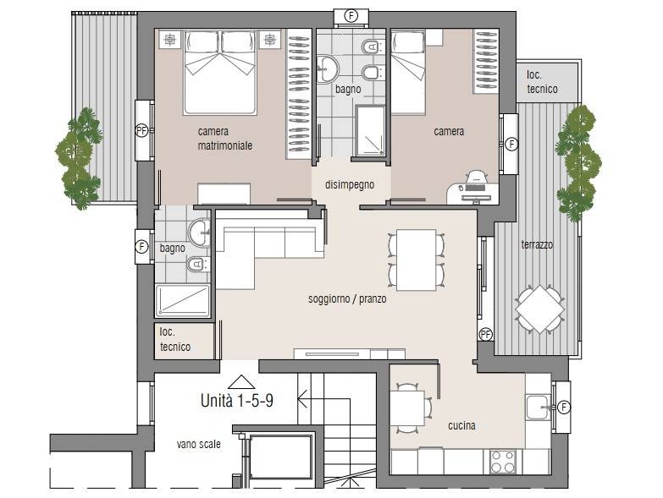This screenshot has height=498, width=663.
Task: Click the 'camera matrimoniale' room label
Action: [225, 139]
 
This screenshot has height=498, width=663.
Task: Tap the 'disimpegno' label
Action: [350, 184]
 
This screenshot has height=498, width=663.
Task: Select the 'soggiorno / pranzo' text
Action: [347, 298]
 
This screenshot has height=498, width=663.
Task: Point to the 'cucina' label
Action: [461, 425]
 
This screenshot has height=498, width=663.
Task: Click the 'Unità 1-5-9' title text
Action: [237, 401]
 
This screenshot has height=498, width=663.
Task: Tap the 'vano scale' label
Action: [199, 444]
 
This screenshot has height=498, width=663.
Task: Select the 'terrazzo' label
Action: [537, 244]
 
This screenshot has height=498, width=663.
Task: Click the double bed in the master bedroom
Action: [220, 73]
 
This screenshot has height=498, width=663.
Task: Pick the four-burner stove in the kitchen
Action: [503, 462]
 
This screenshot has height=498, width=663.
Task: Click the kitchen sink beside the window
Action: [538, 408]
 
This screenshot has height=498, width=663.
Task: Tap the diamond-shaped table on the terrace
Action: [540, 309]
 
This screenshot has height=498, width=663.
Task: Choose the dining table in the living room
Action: [417, 260]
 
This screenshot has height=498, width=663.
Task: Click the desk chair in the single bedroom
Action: [477, 178]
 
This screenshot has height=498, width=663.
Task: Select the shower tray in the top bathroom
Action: [370, 131]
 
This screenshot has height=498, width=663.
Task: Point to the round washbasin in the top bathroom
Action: [328, 68]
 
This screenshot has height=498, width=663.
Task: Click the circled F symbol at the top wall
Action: [351, 16]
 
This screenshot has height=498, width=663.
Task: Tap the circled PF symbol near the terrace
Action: [486, 335]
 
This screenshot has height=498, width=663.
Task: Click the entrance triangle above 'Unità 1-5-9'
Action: [241, 382]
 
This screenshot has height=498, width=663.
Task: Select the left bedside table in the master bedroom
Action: [169, 40]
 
